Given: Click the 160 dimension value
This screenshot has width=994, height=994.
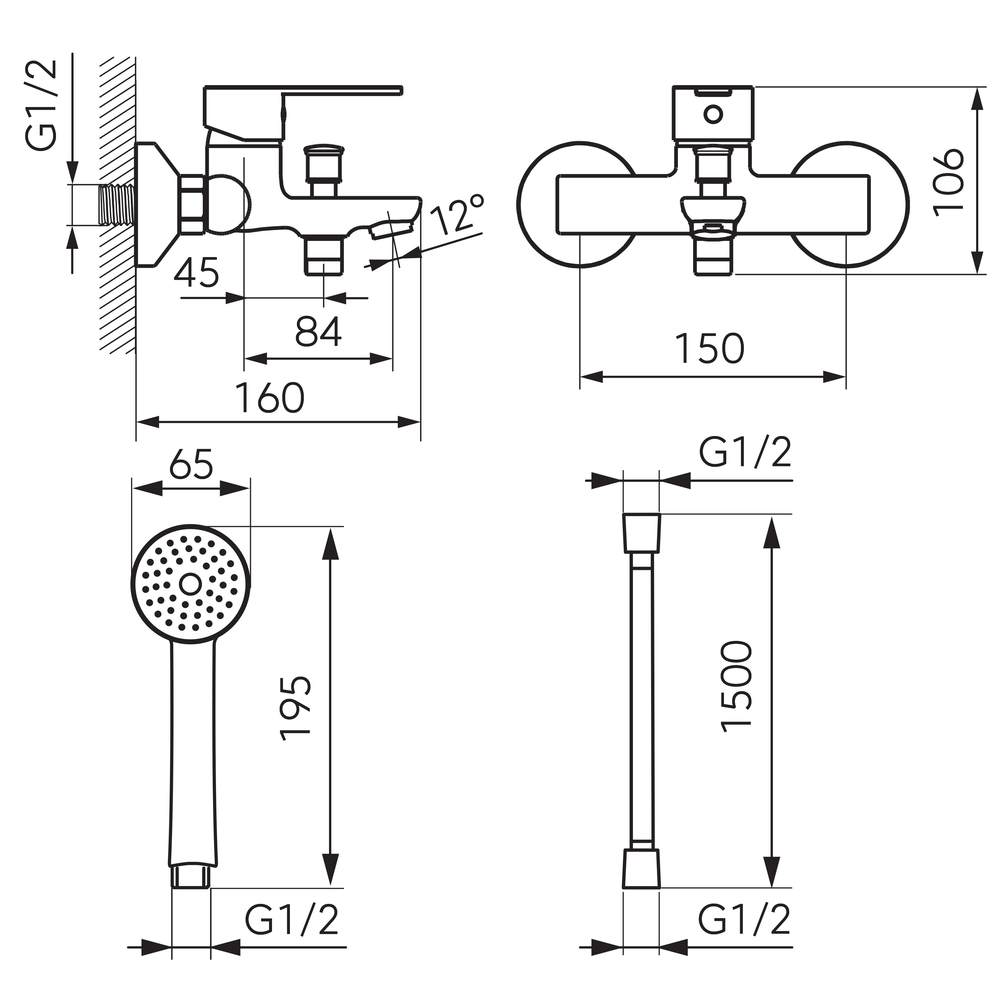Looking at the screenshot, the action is point(270,398).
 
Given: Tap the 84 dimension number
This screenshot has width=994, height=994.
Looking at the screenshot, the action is point(318,332).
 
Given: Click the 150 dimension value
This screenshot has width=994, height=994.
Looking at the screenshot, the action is point(709,348).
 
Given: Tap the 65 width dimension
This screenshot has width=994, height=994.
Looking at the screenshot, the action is point(191,465).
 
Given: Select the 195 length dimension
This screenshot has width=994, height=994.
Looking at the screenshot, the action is point(296,708).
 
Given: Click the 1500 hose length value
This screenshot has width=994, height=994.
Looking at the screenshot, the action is point(736,686).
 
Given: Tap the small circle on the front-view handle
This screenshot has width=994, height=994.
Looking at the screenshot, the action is point(713,115).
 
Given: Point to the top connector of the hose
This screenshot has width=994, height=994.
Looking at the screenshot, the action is point(641,533).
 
